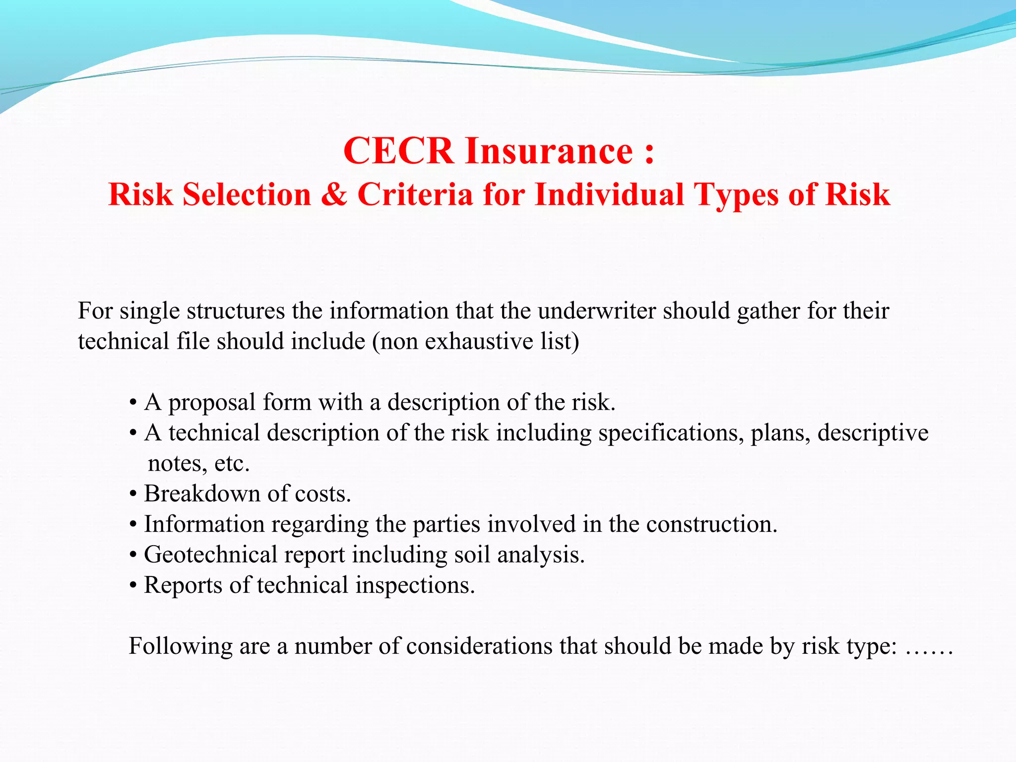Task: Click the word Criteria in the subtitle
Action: tap(415, 194)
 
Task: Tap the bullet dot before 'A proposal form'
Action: tap(133, 403)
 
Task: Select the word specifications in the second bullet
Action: tap(671, 433)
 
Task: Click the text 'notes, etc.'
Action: tap(198, 463)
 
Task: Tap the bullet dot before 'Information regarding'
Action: tap(133, 525)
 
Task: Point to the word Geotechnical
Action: tap(210, 555)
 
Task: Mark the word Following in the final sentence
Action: tap(180, 646)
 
